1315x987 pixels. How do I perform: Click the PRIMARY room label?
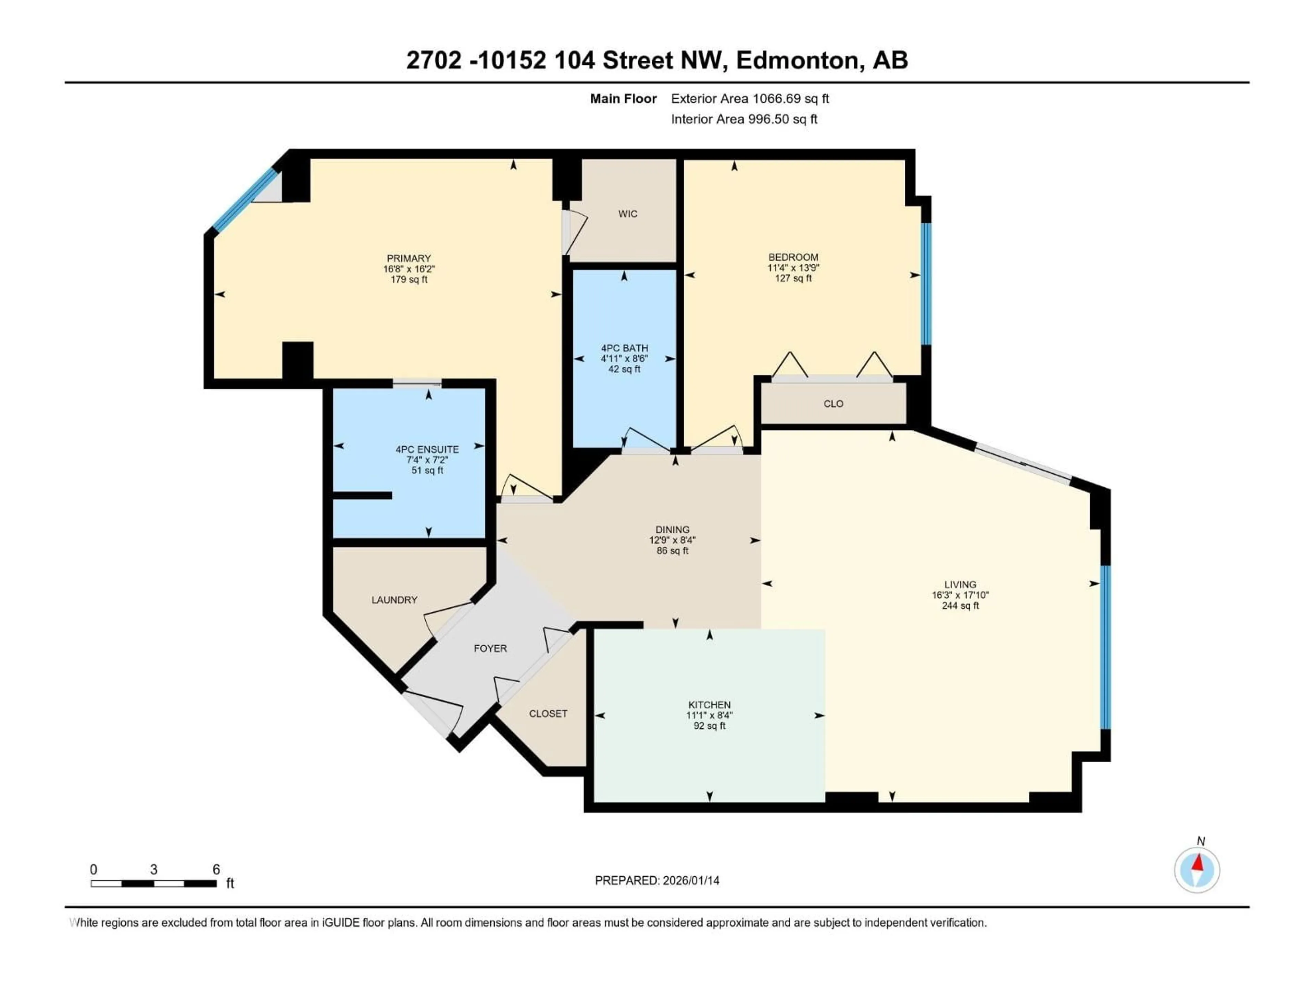pos(409,258)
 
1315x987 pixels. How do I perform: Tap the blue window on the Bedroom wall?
pos(926,284)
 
